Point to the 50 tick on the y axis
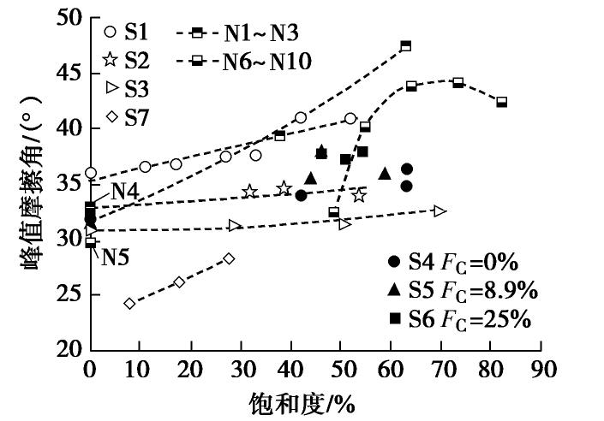70,18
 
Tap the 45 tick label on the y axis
70,74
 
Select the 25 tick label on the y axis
70,294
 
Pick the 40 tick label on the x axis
290,370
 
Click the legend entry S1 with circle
124,33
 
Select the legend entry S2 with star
124,60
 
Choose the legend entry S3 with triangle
124,88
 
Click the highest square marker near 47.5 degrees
405,45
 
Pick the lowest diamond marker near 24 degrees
129,303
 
